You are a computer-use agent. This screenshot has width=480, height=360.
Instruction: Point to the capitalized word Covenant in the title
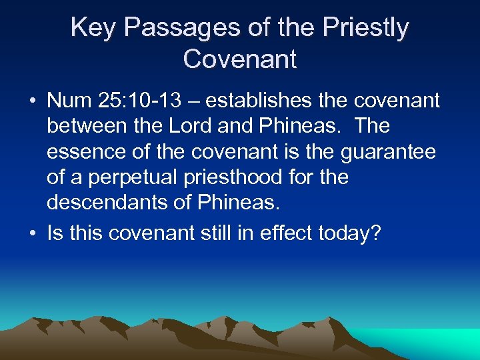pyautogui.click(x=240, y=59)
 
